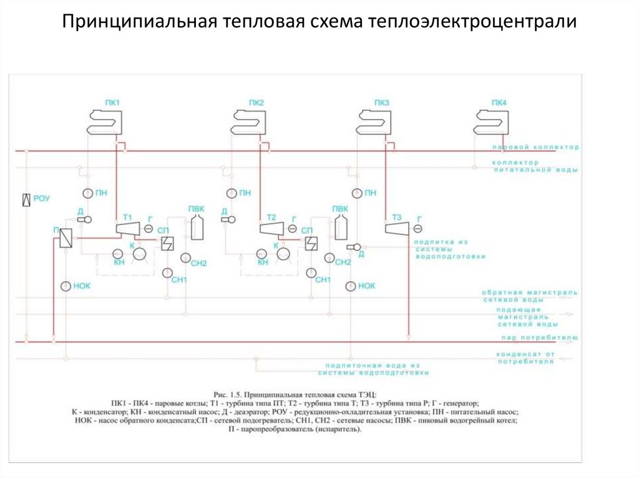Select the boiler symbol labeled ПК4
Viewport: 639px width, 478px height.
click(491, 121)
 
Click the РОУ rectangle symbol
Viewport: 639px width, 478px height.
click(26, 199)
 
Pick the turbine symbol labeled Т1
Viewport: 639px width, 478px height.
click(128, 229)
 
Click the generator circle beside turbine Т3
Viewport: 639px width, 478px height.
click(417, 230)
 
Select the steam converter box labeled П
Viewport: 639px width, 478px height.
click(64, 240)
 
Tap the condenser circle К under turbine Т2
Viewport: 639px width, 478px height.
click(284, 253)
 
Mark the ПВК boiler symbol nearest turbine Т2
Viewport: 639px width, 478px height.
click(340, 228)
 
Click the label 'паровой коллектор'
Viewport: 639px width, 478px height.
click(535, 148)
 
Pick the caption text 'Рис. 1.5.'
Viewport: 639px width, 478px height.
click(227, 394)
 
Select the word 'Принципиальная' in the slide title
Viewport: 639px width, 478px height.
click(138, 22)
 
